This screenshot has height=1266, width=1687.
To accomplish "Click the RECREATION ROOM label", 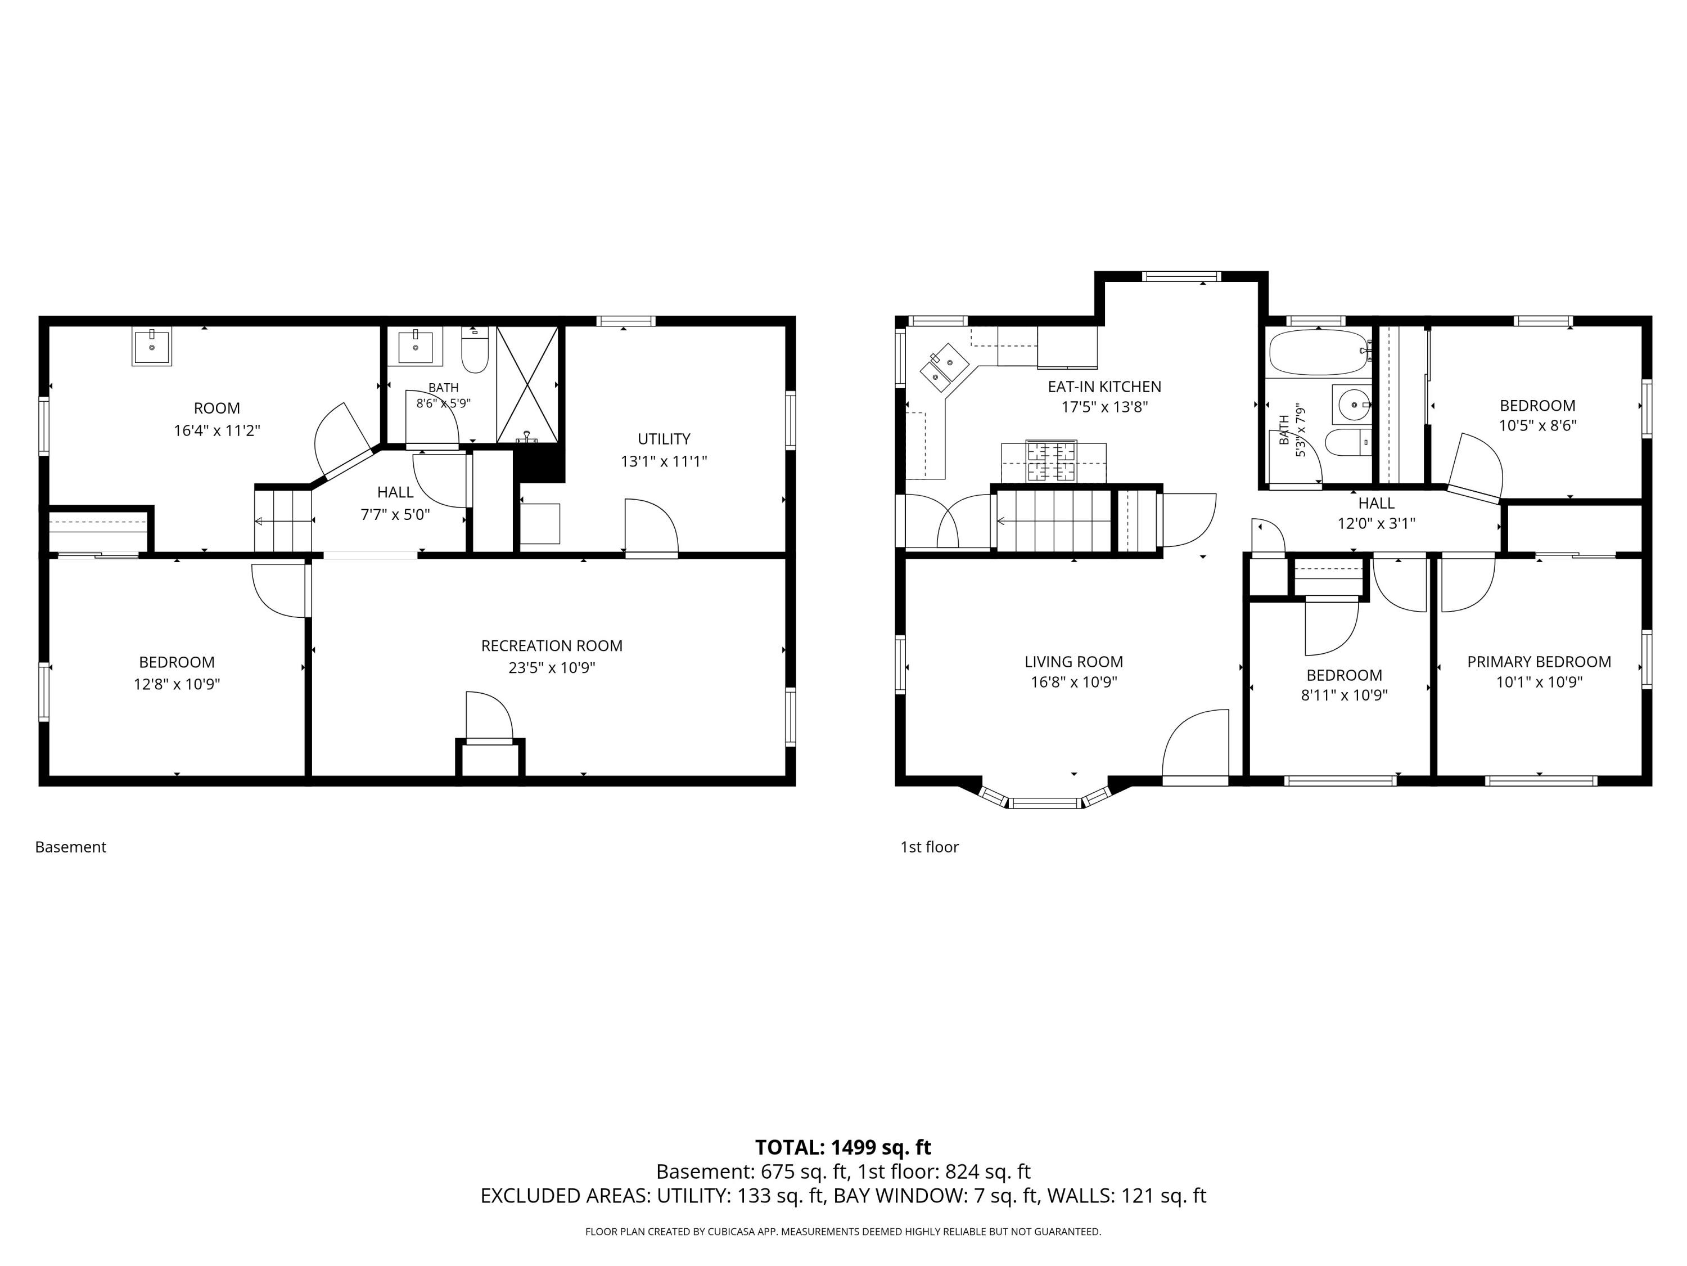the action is pos(552,645).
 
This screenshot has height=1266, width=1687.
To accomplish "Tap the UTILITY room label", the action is pos(664,439).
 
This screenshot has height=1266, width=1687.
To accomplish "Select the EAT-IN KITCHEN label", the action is pos(1104,387).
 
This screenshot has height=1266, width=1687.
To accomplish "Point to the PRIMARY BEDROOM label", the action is pos(1539,662).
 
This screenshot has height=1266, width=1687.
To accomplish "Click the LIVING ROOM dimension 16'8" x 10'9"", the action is pos(1074,682).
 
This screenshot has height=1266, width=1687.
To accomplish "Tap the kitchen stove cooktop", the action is pos(1052,462).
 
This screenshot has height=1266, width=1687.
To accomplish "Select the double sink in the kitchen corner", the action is pos(944,367).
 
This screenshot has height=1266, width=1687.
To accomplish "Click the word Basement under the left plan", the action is pos(70,847).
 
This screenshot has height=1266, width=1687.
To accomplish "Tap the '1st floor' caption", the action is pos(929,847).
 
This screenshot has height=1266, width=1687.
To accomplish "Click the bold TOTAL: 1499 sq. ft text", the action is pos(843,1147).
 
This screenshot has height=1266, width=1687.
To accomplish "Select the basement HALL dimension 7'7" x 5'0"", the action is pos(395,514).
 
